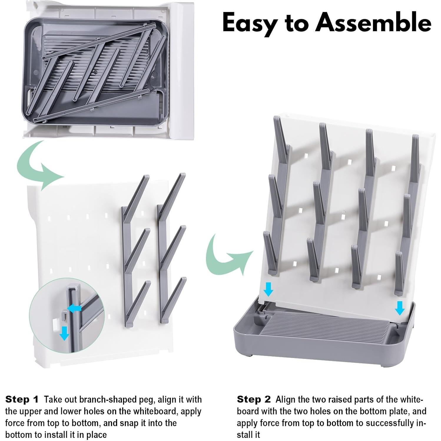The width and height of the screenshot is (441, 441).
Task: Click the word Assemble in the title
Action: coord(373,22)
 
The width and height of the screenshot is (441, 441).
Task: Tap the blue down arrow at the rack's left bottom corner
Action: coord(268,289)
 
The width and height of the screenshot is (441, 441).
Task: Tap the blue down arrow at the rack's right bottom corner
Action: coord(399,308)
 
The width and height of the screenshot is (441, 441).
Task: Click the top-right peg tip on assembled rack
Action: coord(415,136)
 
